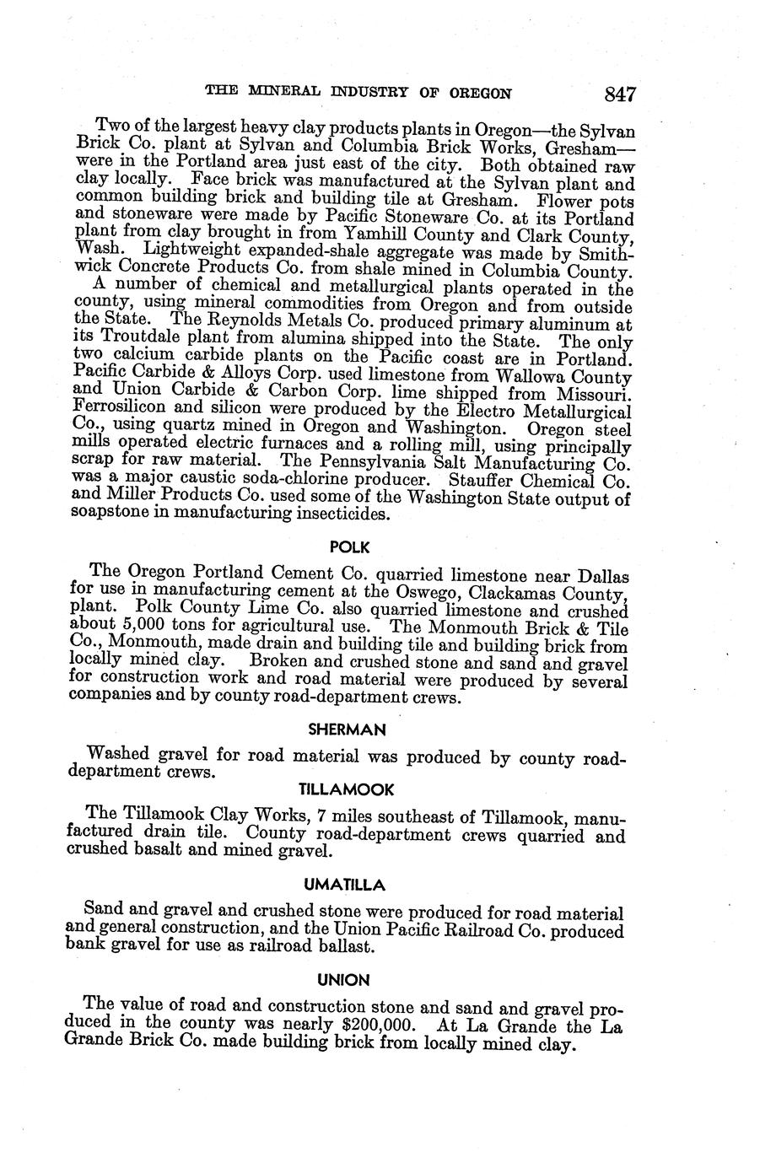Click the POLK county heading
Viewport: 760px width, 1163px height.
(350, 547)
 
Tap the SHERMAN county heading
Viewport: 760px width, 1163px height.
(347, 729)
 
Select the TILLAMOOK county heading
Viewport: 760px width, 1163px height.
(347, 789)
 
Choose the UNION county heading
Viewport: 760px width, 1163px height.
(343, 980)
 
